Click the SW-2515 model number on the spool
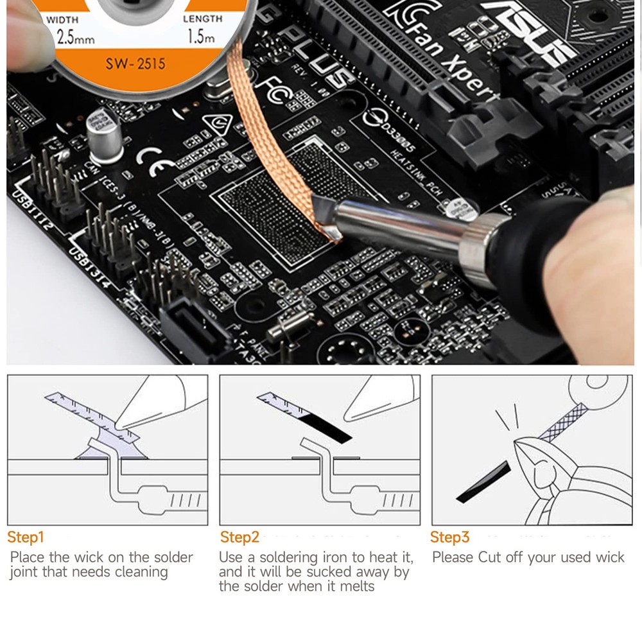tap(135, 64)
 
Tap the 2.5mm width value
tap(76, 38)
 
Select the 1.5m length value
tap(200, 37)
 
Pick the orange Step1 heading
tap(26, 537)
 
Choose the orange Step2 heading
tap(239, 537)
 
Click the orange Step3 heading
tap(449, 537)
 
